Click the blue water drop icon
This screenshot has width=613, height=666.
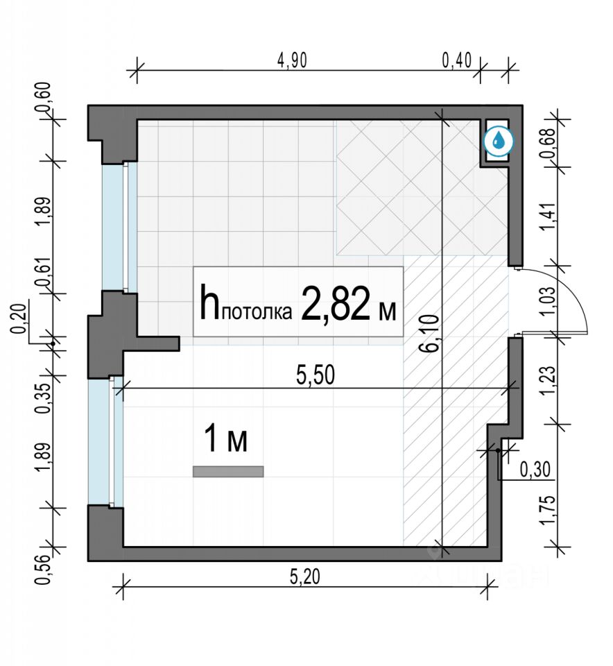499,141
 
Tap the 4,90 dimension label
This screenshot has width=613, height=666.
292,60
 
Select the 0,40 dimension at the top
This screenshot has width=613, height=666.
457,60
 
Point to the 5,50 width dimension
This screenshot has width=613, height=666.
316,375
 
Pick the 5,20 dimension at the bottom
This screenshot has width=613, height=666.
305,577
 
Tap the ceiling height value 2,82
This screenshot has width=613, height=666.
335,304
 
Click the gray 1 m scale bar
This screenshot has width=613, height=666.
228,472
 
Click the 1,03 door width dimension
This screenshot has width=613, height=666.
548,300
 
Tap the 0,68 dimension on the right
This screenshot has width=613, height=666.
548,144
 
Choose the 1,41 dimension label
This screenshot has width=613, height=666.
548,216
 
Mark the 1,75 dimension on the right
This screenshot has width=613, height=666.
548,510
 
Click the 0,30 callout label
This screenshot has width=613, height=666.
535,470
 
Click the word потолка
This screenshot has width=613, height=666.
257,312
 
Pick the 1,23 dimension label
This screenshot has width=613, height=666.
548,380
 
